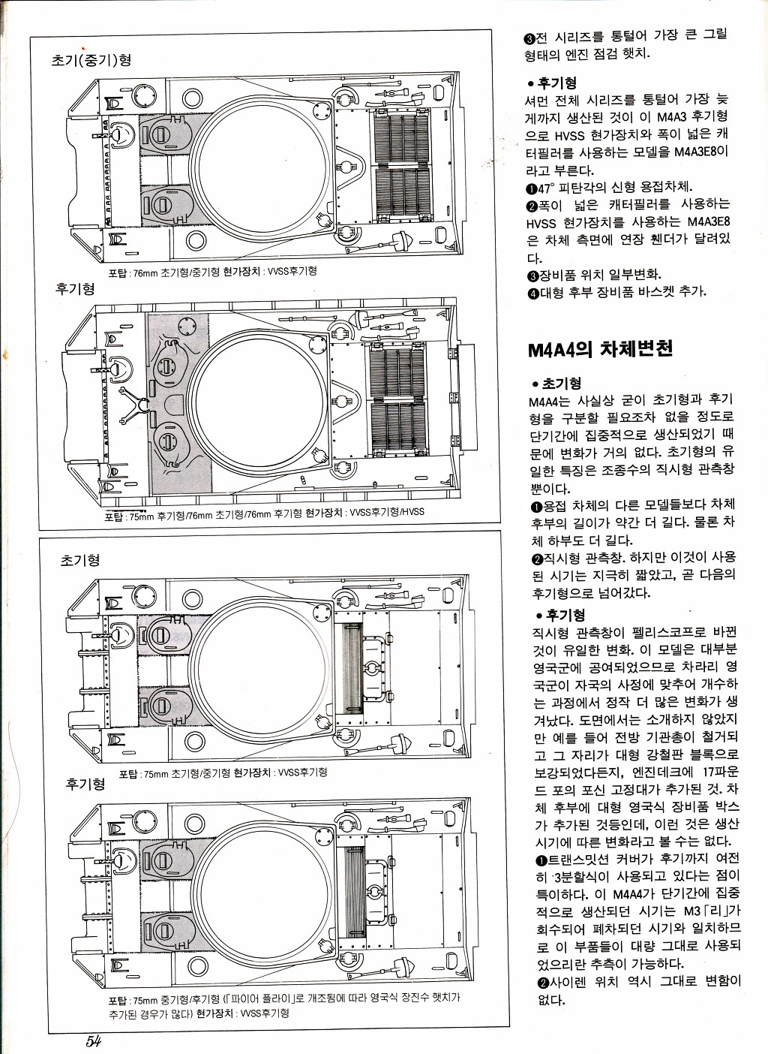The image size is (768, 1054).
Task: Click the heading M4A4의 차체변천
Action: pyautogui.click(x=600, y=348)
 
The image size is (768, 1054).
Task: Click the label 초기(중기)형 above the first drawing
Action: pyautogui.click(x=91, y=61)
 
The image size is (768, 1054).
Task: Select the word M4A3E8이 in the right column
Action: pyautogui.click(x=700, y=152)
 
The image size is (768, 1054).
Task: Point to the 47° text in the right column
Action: pyautogui.click(x=546, y=188)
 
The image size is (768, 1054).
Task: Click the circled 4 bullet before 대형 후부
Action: pyautogui.click(x=532, y=293)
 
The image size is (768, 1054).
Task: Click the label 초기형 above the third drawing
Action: pyautogui.click(x=80, y=561)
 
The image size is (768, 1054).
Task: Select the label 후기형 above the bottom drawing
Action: pyautogui.click(x=85, y=784)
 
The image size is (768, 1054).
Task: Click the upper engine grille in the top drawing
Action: pyautogui.click(x=403, y=137)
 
